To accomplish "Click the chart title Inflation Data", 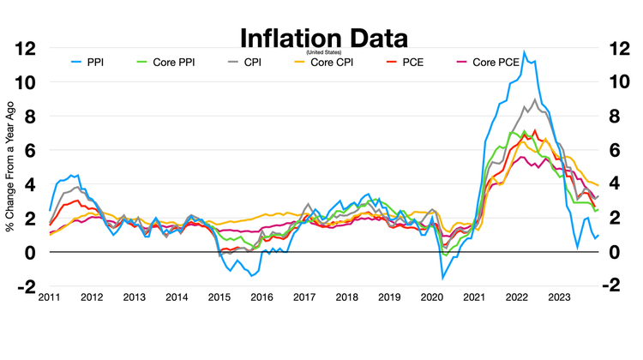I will pos(323,39).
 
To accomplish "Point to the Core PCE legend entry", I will pos(495,63).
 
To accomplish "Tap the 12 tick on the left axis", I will pos(26,49).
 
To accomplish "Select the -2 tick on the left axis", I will pos(26,286).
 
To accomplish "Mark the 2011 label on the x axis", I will pos(49,297).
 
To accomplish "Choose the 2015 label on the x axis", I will pos(218,297).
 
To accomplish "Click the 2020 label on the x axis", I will pos(430,297).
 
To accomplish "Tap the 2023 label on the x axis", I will pos(557,297).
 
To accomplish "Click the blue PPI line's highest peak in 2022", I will pos(525,52).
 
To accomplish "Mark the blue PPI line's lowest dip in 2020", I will pos(443,278).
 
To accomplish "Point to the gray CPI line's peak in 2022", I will pos(535,99).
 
